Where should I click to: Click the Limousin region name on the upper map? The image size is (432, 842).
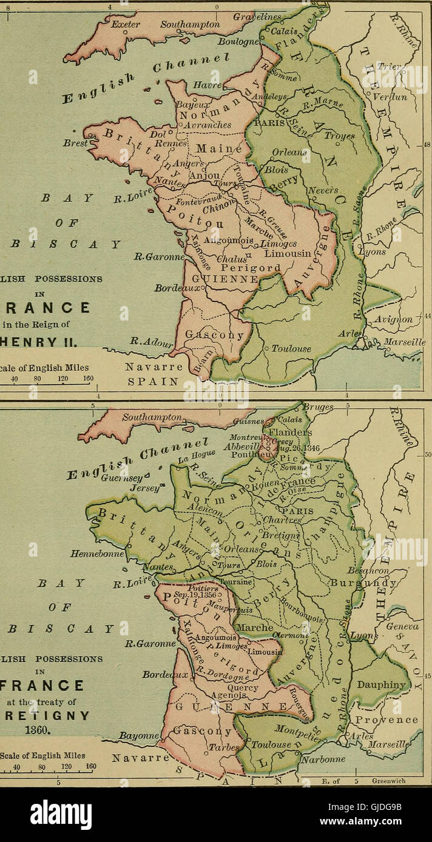[288, 253]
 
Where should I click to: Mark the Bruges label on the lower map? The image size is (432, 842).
[318, 408]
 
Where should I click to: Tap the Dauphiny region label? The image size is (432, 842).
[381, 685]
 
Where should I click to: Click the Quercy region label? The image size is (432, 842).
[243, 688]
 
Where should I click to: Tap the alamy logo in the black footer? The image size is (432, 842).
[61, 815]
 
